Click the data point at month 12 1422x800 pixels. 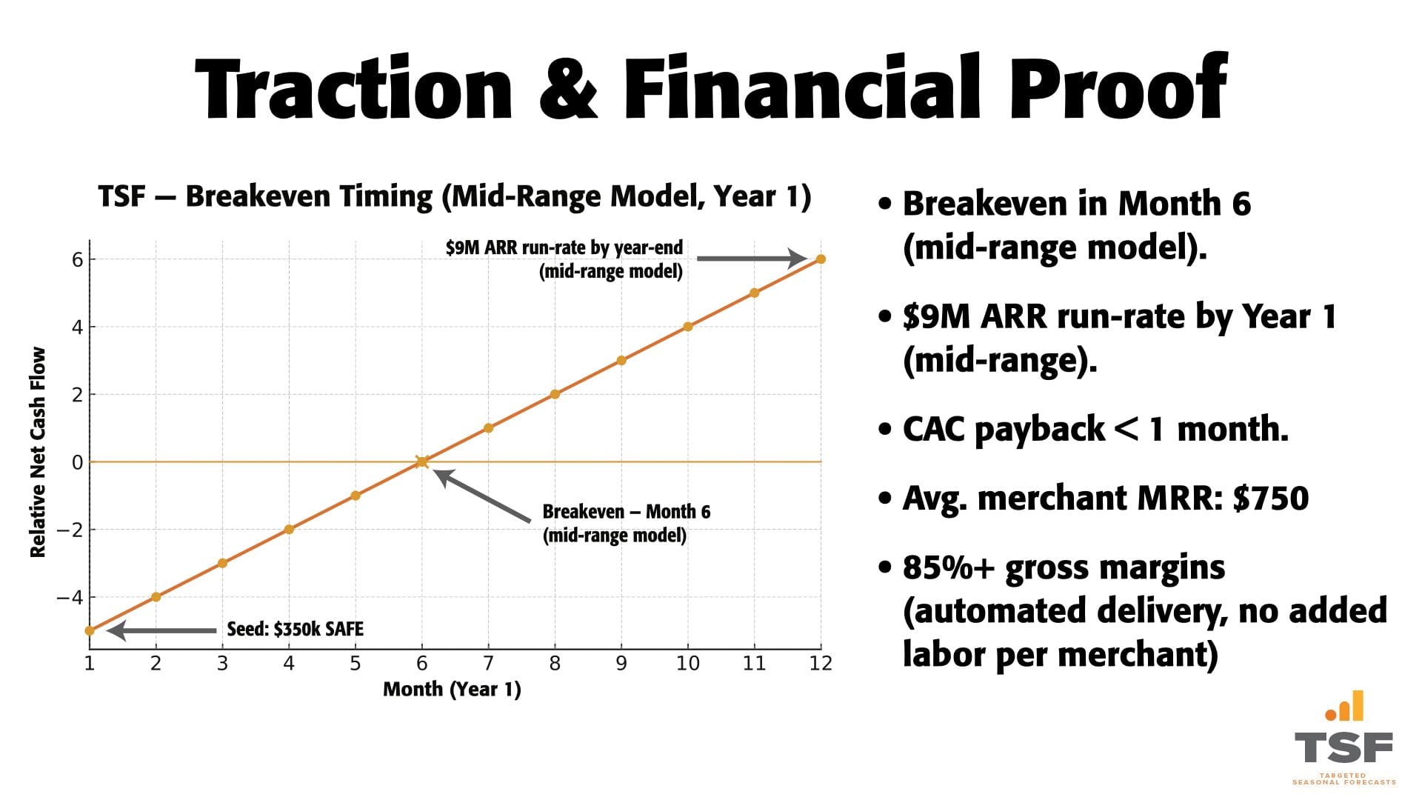coord(821,259)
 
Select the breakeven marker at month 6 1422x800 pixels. coord(421,461)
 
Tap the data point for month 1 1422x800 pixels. coord(90,630)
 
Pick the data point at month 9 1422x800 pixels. coord(621,361)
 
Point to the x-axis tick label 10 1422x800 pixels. coord(687,663)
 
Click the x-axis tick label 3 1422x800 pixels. coord(222,663)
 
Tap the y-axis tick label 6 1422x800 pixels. coord(77,259)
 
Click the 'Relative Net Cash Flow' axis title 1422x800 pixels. coord(38,452)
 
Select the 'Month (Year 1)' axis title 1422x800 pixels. coord(452,689)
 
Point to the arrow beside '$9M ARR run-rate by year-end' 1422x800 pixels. coord(751,259)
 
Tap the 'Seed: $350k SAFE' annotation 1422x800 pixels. coord(295,630)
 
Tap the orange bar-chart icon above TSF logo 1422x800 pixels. coord(1345,707)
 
